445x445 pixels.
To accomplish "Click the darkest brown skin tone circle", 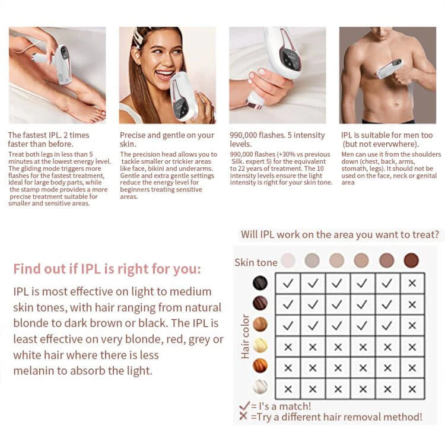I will (x=411, y=260).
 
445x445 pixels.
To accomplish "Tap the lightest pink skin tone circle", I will (x=288, y=260).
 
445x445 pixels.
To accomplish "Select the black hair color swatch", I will (x=260, y=283).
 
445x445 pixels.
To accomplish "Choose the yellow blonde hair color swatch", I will (x=260, y=345).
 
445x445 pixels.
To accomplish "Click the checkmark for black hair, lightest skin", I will (x=288, y=284).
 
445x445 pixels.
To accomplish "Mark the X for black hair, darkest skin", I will (x=412, y=284).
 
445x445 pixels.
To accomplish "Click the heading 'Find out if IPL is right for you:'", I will (x=107, y=269).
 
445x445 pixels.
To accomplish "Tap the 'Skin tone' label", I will (x=256, y=262).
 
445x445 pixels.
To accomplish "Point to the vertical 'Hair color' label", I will (x=245, y=336).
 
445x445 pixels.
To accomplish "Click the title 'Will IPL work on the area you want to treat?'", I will (x=340, y=234).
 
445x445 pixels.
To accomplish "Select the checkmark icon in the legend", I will (x=243, y=406).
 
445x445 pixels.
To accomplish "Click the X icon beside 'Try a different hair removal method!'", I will (x=243, y=417).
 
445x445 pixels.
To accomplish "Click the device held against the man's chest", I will (x=389, y=68).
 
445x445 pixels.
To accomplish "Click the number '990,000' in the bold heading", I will (x=247, y=135).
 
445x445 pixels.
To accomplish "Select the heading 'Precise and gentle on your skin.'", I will (x=166, y=139).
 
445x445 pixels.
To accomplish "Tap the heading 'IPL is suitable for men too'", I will (x=387, y=135).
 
